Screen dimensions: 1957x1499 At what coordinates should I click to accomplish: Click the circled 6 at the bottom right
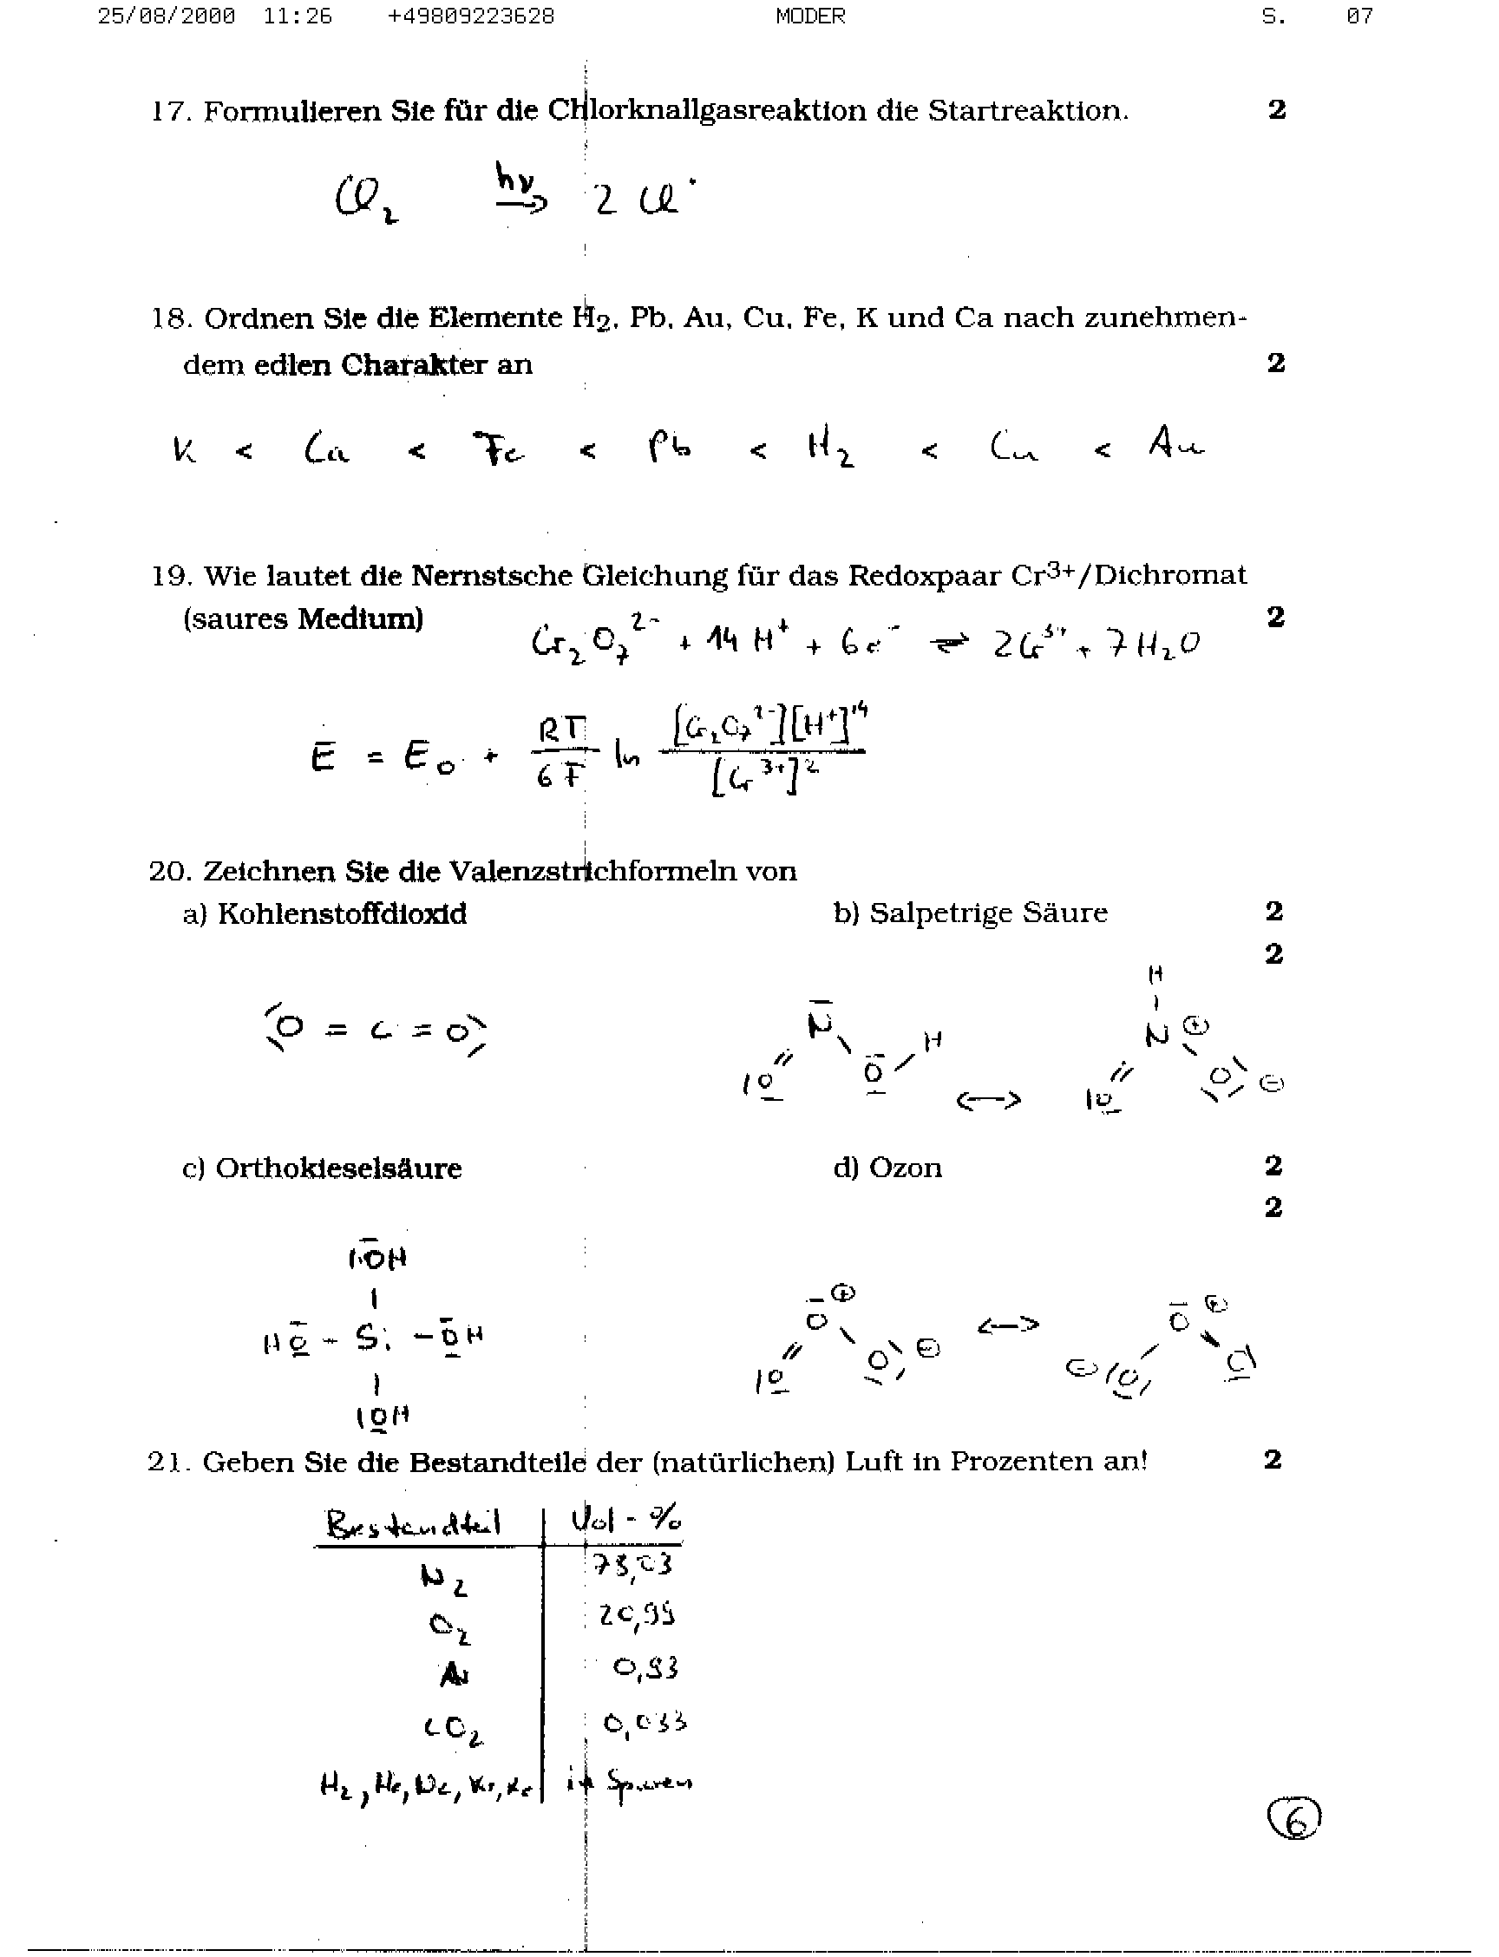1293,1821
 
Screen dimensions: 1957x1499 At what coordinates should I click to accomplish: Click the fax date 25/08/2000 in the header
166,16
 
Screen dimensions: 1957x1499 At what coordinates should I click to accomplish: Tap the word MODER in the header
810,16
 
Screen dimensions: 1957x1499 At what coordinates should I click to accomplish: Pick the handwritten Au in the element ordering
1176,442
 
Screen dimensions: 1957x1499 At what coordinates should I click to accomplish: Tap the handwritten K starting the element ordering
185,448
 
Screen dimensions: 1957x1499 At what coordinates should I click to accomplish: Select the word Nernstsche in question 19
492,576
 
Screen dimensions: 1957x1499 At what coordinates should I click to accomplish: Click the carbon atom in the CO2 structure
381,1031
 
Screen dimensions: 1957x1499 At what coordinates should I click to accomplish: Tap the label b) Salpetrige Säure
970,913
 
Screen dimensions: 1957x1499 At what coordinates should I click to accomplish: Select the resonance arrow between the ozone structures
1007,1325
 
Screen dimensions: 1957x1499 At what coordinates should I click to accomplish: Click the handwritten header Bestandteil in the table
413,1524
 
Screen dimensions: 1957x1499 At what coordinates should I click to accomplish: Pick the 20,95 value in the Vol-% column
636,1615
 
